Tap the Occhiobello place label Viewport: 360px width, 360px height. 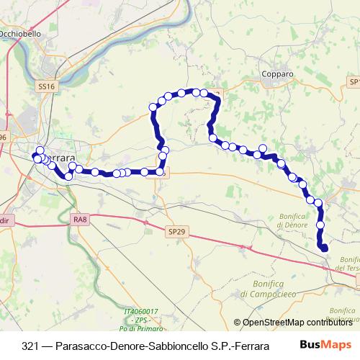tap(23, 34)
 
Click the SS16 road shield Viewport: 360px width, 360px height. tap(46, 86)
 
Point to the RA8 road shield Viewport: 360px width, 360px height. tap(79, 219)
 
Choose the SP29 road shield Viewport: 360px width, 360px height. tap(176, 232)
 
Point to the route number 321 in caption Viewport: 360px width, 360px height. tap(31, 345)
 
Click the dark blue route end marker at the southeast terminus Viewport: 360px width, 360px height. tap(324, 248)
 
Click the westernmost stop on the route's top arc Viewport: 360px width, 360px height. tap(153, 107)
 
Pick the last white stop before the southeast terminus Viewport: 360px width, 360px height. tap(320, 226)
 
